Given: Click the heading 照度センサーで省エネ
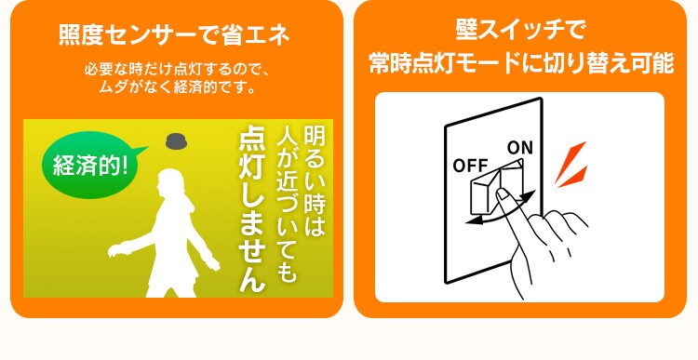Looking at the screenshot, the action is (x=174, y=35).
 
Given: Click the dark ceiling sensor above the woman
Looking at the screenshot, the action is (x=175, y=141).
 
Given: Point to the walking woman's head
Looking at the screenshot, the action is (x=170, y=182).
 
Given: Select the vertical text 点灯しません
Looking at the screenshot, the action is (x=252, y=210).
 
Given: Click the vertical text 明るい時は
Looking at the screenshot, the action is (x=315, y=181).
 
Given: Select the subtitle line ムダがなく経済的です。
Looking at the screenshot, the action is (x=177, y=87).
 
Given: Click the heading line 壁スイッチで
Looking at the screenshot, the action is (x=519, y=30).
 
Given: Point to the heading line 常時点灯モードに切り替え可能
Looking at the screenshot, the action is (x=521, y=62).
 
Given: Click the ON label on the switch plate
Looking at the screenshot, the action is (x=520, y=147).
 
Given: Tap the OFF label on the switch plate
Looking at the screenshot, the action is (x=470, y=166).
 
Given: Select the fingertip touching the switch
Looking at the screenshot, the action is (x=502, y=193).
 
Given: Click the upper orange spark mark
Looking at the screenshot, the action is (x=570, y=161).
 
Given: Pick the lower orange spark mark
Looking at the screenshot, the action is (x=573, y=177).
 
